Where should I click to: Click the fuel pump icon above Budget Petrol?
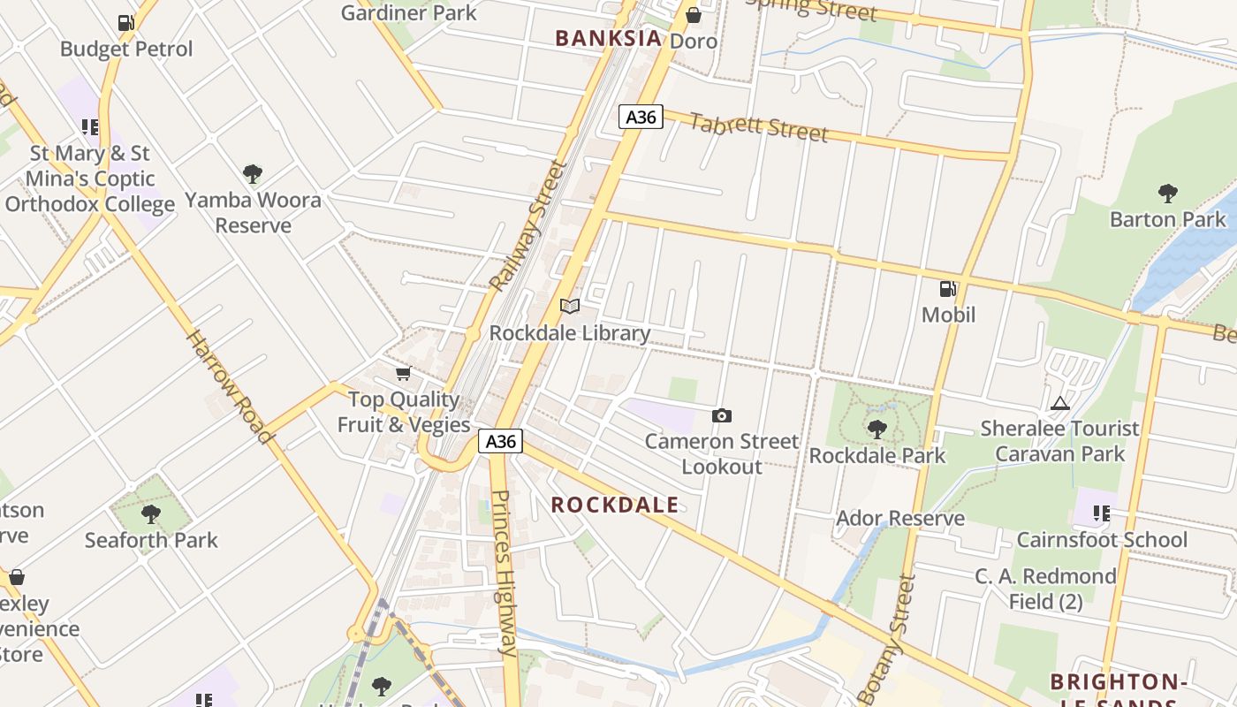click(x=126, y=23)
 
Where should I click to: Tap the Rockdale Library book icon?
click(x=570, y=307)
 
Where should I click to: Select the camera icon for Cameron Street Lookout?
click(x=722, y=415)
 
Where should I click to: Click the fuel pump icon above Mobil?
click(x=948, y=288)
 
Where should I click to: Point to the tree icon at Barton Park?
click(x=1167, y=193)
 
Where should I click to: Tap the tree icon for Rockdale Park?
click(x=877, y=430)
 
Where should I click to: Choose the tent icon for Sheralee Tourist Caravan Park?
click(x=1059, y=403)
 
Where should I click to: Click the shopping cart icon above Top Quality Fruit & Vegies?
click(x=404, y=374)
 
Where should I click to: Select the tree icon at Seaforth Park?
click(x=151, y=513)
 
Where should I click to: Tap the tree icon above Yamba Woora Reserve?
click(x=253, y=173)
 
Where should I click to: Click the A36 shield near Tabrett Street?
click(x=641, y=117)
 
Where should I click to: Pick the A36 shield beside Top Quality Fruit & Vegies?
click(x=501, y=441)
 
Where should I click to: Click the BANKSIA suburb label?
click(x=608, y=38)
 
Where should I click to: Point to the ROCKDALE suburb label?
click(x=615, y=505)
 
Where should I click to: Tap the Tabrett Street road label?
click(x=758, y=127)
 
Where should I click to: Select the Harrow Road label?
click(x=229, y=386)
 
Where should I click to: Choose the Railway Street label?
click(x=527, y=226)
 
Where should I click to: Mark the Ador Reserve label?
click(x=899, y=519)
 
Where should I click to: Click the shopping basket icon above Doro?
click(x=694, y=15)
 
